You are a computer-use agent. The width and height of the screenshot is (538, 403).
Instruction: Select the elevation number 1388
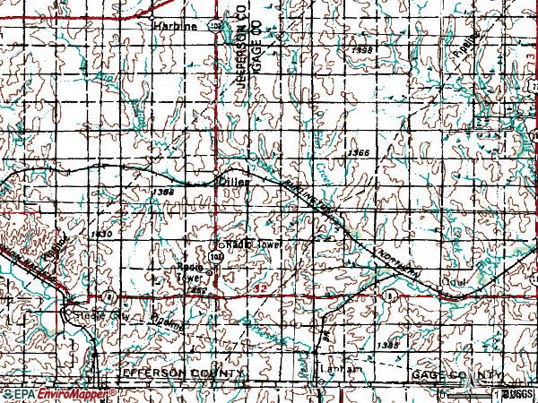pyautogui.click(x=162, y=192)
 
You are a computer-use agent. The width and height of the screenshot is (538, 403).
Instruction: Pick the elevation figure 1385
pyautogui.click(x=387, y=345)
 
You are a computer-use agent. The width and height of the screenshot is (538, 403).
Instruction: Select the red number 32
pyautogui.click(x=261, y=288)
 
